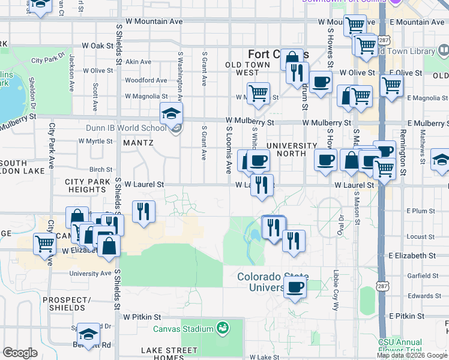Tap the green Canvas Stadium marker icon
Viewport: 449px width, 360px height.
223,328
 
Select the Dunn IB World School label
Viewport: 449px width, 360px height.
134,128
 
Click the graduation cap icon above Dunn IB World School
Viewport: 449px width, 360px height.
171,112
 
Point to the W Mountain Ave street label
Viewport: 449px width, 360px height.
154,21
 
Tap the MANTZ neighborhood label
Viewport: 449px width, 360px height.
138,143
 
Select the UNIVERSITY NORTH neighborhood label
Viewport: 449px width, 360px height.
291,150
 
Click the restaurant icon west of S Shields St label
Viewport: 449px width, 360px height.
143,212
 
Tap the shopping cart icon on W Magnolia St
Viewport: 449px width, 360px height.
258,93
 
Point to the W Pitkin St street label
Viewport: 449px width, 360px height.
142,316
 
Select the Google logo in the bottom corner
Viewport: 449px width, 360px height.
20,353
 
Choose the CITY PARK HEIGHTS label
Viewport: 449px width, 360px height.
88,185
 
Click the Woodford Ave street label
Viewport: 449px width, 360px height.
146,80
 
